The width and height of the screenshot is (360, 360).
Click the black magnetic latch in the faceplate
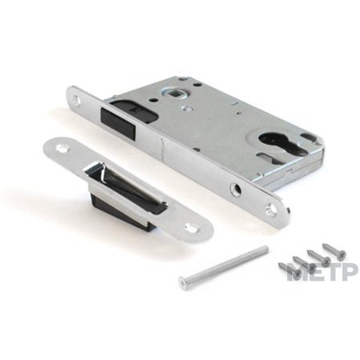pyautogui.click(x=118, y=122)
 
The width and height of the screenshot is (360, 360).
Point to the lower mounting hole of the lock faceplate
pyautogui.click(x=271, y=208)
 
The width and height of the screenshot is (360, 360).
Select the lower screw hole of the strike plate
pyautogui.click(x=191, y=227)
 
